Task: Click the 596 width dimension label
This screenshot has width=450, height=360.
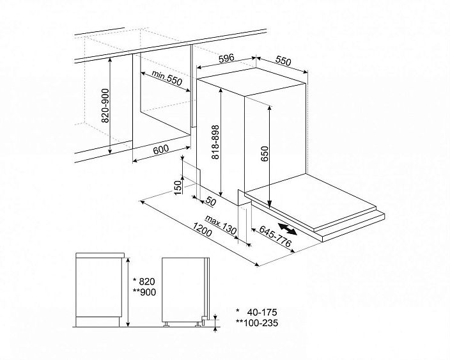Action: tap(226, 58)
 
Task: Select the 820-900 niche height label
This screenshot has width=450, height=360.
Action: tap(106, 106)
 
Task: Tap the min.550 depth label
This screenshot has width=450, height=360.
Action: tap(167, 78)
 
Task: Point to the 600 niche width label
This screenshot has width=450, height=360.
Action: tap(161, 149)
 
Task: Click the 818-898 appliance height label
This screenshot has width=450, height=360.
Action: tap(215, 141)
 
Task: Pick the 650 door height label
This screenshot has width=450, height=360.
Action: tap(265, 154)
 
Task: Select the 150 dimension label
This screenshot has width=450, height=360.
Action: tap(178, 187)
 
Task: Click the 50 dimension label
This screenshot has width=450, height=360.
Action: tap(211, 201)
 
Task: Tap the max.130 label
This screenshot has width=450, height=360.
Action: tap(221, 225)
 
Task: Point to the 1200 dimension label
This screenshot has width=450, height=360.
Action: tap(202, 230)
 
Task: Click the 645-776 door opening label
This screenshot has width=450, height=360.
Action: tap(275, 236)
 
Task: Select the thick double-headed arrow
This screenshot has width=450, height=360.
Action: tap(288, 229)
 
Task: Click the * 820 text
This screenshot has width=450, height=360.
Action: tap(144, 281)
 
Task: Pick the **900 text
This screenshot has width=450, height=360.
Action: tap(144, 292)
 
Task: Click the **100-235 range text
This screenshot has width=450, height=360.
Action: tap(257, 323)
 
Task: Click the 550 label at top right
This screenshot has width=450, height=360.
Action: tap(283, 61)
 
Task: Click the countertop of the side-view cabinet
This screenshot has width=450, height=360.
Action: tap(100, 255)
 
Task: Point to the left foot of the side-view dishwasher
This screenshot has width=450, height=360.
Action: tap(166, 324)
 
